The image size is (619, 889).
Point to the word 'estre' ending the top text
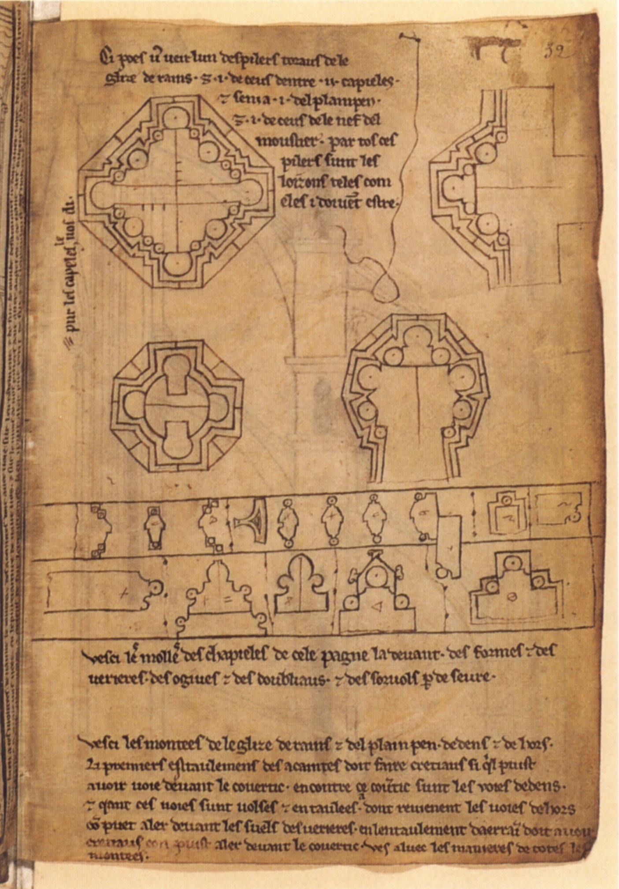pos(382,203)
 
